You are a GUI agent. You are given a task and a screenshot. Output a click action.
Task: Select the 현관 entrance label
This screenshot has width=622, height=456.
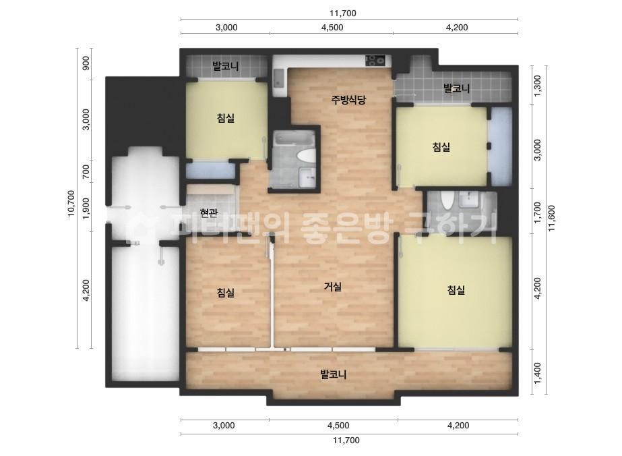click(x=209, y=213)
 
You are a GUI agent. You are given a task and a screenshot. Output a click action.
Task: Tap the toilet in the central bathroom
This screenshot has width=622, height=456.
click(x=307, y=156)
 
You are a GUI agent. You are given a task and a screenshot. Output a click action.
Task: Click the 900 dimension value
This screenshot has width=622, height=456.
click(x=85, y=63)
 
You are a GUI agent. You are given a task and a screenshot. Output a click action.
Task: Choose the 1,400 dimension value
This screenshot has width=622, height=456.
click(x=537, y=373)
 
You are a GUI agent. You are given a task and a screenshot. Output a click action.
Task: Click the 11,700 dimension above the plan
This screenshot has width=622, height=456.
click(x=343, y=13)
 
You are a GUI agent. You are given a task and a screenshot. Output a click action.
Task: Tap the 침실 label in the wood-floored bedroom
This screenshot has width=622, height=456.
click(x=226, y=293)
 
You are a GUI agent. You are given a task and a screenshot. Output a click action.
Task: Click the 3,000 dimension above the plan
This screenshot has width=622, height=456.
click(x=226, y=28)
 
